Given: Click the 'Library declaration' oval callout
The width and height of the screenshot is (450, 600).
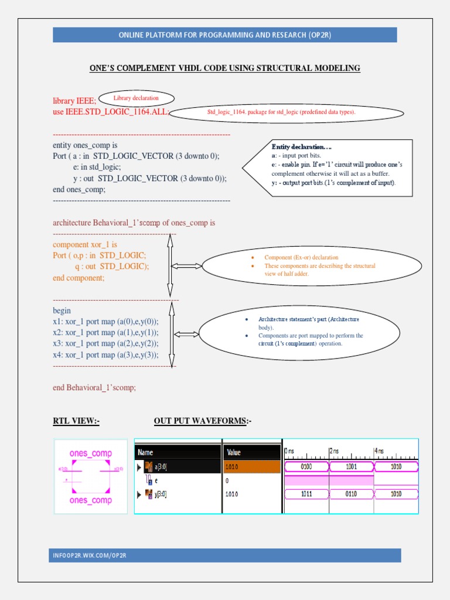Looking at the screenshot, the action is coord(136,98).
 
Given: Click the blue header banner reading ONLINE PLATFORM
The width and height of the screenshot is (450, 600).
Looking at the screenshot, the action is coord(225,35).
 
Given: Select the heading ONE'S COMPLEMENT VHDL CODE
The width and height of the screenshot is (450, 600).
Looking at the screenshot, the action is coord(225,69).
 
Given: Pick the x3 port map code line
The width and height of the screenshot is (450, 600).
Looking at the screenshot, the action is coord(105,344).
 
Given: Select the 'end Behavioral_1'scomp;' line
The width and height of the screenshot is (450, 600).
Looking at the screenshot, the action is coord(94,387).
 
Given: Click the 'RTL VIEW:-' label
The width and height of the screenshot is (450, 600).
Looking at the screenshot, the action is coord(76,421).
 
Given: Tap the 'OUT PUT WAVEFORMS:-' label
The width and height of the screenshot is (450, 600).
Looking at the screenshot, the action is coord(203,421).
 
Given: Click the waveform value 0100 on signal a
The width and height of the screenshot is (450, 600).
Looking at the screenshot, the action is coord(306,467).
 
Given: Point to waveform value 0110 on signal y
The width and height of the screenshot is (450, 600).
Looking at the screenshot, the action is coord(351,494).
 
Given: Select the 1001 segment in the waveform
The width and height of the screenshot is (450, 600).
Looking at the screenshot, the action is coord(351,467).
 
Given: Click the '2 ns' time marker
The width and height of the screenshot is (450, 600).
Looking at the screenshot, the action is coord(334,451).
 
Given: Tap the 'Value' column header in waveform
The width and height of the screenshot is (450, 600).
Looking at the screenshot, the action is coord(233,452).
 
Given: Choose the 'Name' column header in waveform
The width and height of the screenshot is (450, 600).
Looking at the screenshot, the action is coord(145,452).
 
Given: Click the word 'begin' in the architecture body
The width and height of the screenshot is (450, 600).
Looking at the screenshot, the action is coord(62,311).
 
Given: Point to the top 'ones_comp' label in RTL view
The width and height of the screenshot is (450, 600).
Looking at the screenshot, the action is coord(91,454).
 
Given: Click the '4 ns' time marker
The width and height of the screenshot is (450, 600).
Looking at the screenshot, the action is coord(379,451).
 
